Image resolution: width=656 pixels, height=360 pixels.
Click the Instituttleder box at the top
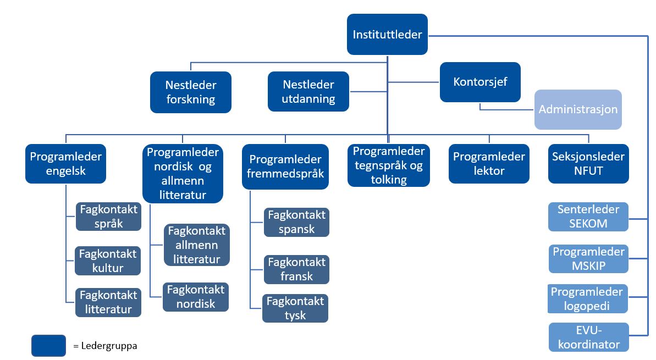[x=388, y=34]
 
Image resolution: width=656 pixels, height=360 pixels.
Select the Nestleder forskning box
[x=191, y=92]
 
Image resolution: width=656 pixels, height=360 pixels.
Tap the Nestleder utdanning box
[x=308, y=92]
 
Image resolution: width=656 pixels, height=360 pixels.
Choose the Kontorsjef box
[x=480, y=82]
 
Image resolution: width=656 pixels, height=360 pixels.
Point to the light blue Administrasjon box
[x=578, y=109]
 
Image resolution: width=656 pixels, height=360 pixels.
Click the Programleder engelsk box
[x=65, y=163]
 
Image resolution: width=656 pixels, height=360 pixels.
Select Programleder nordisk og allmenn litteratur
[x=183, y=174]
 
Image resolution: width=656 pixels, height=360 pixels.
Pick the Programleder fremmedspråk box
[x=285, y=167]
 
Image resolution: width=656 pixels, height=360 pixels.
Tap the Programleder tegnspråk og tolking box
[x=389, y=165]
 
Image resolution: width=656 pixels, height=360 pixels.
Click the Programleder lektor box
[x=489, y=163]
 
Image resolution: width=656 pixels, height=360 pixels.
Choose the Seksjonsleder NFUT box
[x=589, y=163]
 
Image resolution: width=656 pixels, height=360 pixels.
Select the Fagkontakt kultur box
[x=108, y=261]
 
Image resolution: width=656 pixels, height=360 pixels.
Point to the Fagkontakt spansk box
[x=296, y=222]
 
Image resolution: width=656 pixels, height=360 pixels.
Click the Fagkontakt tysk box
[x=295, y=308]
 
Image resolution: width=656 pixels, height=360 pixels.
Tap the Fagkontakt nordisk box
[x=196, y=297]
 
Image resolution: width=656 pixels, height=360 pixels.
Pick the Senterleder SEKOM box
[x=588, y=217]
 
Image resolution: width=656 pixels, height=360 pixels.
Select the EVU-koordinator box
[x=589, y=337]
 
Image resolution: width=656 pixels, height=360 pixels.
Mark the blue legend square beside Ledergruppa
[x=48, y=346]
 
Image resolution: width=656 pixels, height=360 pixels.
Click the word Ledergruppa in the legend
[x=109, y=346]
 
